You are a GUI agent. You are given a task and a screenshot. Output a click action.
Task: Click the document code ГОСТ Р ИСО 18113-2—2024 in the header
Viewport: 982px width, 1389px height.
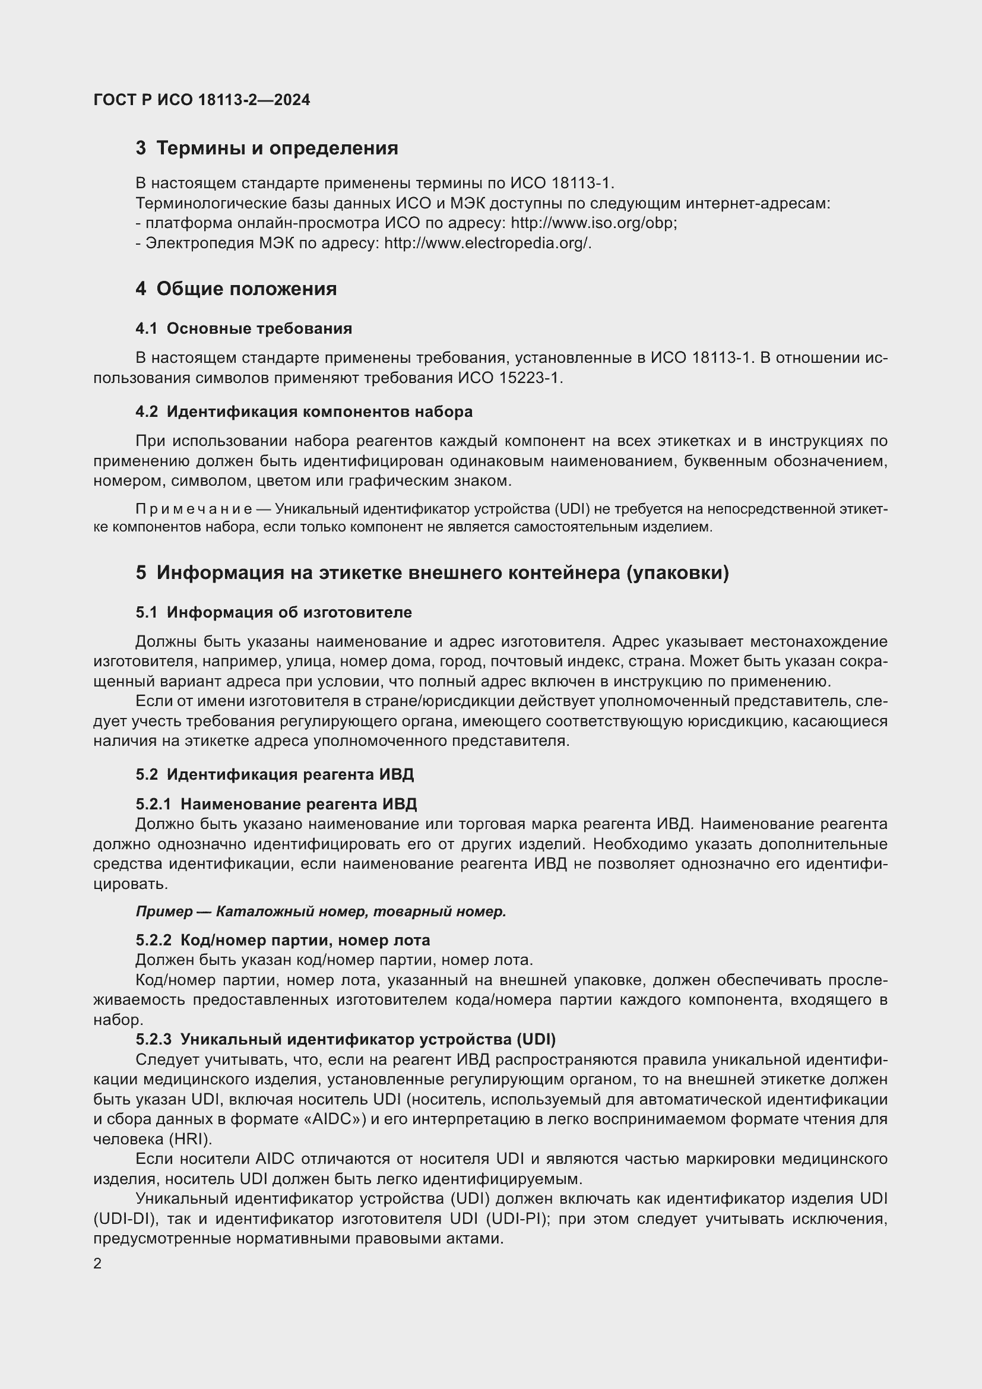click(x=202, y=100)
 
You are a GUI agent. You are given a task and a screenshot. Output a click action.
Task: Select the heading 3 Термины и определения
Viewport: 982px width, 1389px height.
click(x=267, y=148)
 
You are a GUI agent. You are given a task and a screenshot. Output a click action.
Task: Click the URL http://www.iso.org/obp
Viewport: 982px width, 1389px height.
click(x=593, y=223)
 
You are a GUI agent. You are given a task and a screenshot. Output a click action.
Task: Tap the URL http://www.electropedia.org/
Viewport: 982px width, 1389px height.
click(x=487, y=243)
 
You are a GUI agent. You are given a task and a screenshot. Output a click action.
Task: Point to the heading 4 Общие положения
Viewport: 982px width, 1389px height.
click(x=236, y=289)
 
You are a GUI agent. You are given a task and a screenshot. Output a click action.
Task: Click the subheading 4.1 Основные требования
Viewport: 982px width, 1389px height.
click(x=243, y=329)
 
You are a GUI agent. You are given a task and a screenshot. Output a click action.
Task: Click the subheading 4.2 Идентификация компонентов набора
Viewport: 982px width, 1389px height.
click(x=304, y=412)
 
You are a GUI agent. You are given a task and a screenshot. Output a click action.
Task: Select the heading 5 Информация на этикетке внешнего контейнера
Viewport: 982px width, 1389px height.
click(x=432, y=573)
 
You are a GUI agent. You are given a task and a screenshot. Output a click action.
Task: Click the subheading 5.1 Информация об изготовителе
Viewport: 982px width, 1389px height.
click(x=274, y=613)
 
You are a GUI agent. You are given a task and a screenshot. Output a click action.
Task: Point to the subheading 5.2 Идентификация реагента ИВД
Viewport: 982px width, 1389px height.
click(x=275, y=775)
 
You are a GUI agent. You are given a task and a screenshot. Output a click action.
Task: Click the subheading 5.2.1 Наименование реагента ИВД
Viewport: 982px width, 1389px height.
click(x=276, y=805)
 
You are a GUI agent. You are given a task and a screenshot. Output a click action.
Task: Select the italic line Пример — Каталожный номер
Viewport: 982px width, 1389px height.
click(x=321, y=912)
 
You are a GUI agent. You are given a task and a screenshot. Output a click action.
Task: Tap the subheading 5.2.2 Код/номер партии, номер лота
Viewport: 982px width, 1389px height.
click(x=283, y=941)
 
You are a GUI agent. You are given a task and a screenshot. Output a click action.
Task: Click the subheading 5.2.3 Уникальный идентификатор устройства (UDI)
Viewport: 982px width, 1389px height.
click(x=346, y=1040)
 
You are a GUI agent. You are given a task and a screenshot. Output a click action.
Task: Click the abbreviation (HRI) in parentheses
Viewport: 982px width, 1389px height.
click(x=190, y=1140)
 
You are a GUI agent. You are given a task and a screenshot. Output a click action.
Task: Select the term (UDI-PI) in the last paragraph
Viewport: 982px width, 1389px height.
click(x=519, y=1219)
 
